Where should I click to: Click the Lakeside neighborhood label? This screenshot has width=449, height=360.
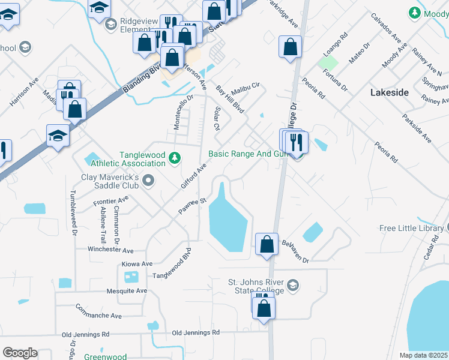tap(389, 92)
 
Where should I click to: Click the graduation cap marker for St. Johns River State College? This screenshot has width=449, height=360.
tap(292, 284)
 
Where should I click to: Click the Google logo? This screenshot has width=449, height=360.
tap(20, 353)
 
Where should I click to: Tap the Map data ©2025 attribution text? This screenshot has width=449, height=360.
tap(423, 355)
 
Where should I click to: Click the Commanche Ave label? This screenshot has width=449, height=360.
tap(98, 311)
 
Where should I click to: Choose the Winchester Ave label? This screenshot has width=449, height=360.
tap(110, 249)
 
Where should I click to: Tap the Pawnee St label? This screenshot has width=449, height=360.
tap(192, 206)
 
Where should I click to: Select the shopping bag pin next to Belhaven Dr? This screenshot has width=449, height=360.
tap(267, 244)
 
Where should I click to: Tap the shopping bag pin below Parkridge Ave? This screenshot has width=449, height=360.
tap(290, 47)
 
